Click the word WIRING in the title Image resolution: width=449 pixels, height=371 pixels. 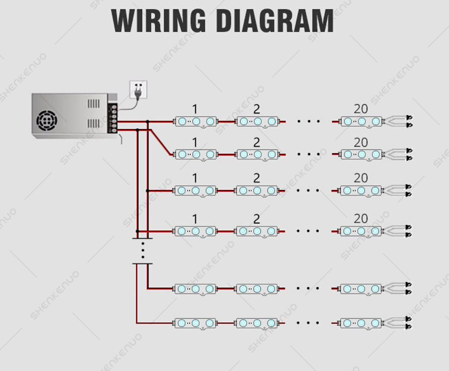(158, 21)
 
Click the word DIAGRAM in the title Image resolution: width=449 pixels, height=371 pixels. (275, 21)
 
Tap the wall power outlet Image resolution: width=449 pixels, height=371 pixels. (138, 89)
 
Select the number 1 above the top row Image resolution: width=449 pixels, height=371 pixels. (195, 109)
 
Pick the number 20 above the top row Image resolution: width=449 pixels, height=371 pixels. (360, 109)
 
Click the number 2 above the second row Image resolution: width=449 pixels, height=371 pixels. (256, 142)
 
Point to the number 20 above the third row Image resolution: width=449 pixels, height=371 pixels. (360, 178)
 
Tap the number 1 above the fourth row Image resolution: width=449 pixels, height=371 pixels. (195, 219)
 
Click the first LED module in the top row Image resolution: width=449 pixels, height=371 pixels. (196, 122)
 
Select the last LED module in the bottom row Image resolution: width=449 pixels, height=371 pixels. (361, 323)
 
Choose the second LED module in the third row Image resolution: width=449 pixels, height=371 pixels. (257, 190)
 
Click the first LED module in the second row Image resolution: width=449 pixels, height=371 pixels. (196, 154)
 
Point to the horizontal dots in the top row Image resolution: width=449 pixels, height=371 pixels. (308, 122)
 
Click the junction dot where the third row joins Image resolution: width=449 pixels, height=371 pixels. (148, 191)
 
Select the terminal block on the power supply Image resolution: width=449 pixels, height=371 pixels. (112, 119)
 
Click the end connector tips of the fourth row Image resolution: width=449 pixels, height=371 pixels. (408, 231)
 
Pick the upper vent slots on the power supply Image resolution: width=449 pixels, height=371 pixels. (94, 104)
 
